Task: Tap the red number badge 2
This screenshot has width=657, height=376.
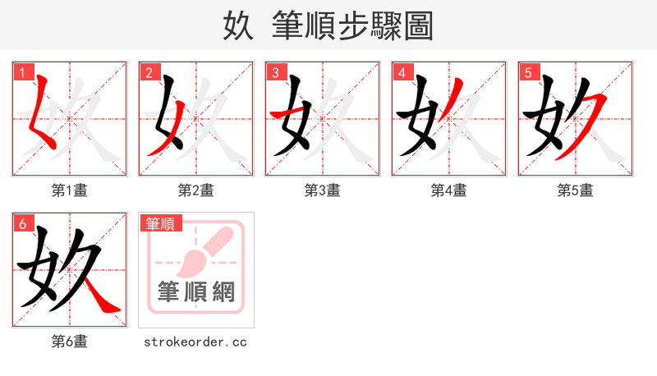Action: point(149,72)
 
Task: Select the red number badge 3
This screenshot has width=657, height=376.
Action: point(275,72)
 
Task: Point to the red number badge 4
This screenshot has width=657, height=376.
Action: point(402,72)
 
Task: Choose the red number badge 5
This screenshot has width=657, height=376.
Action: point(528,72)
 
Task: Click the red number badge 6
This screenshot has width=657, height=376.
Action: point(22,223)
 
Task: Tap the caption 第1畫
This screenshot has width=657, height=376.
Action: point(69,190)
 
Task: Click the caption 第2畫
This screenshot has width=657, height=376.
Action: point(195,190)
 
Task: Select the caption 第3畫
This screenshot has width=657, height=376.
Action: point(322,190)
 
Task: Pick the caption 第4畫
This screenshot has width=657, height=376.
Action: point(448,190)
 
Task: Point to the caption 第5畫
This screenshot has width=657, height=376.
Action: point(575,190)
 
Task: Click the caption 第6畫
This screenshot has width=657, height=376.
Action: point(69,342)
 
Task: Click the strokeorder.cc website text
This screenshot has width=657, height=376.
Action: point(195,342)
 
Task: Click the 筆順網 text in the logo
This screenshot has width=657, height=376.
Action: point(196,291)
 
